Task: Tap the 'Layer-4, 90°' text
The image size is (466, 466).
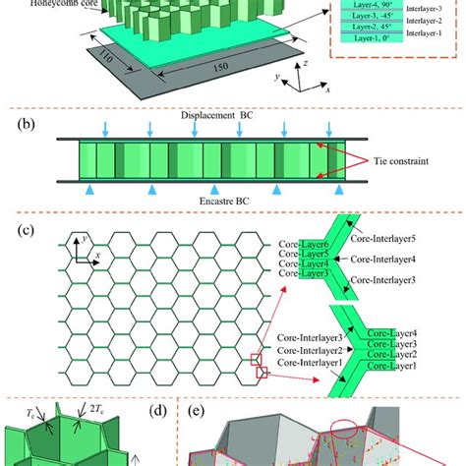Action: point(369,14)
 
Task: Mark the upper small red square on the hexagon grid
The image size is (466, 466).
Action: point(260,358)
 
